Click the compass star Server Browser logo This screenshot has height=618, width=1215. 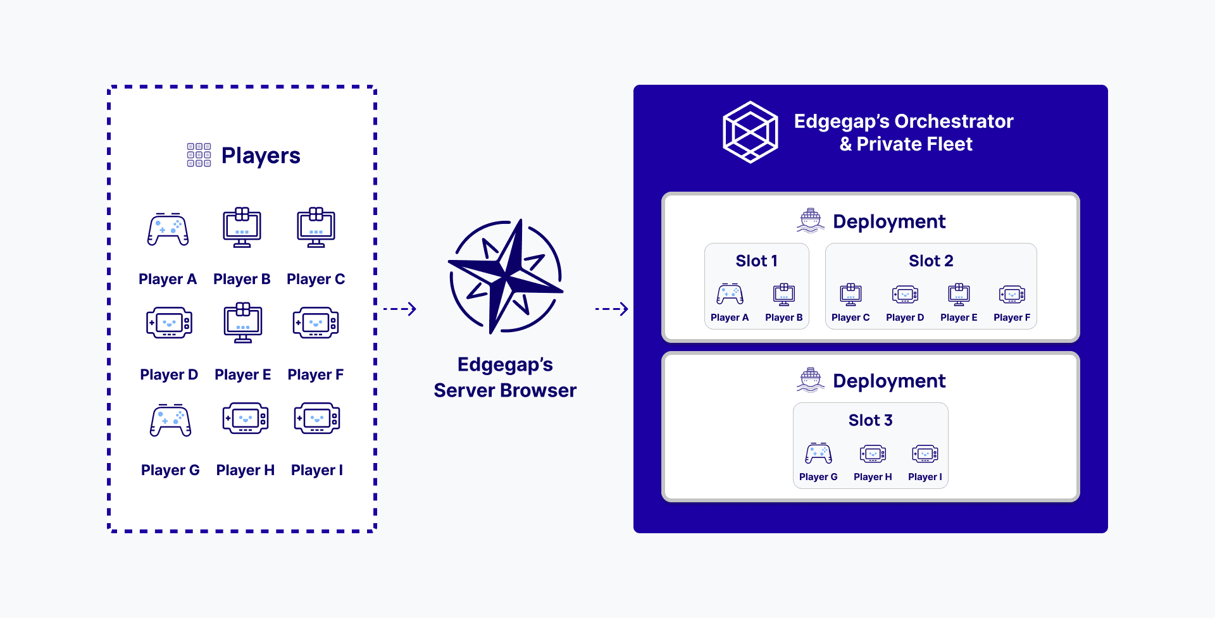505,276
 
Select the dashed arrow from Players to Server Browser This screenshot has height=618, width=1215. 400,309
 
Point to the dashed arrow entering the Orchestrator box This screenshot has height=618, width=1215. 611,309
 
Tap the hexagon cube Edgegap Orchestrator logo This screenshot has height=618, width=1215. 751,132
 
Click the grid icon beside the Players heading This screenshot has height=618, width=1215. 199,155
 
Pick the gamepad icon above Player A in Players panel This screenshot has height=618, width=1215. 168,229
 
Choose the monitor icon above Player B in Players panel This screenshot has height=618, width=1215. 242,227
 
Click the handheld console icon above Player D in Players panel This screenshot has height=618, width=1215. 169,323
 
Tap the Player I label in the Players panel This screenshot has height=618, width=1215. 316,470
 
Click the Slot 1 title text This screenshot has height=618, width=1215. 756,261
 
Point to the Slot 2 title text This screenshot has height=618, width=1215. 930,261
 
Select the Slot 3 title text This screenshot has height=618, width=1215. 870,420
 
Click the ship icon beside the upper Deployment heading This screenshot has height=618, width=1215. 811,221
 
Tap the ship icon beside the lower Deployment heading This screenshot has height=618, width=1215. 811,380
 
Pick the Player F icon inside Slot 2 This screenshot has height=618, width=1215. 1012,294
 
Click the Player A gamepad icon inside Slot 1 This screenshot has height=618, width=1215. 730,294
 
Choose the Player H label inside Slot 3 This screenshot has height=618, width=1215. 873,477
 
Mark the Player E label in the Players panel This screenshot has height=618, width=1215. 242,374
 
